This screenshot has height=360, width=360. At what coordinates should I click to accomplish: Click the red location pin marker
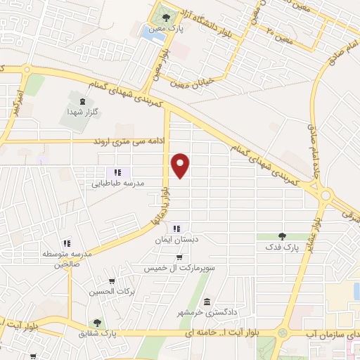(181, 165)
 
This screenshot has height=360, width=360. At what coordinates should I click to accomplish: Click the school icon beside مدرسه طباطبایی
(118, 172)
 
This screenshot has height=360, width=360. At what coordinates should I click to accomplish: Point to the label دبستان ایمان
(175, 239)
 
